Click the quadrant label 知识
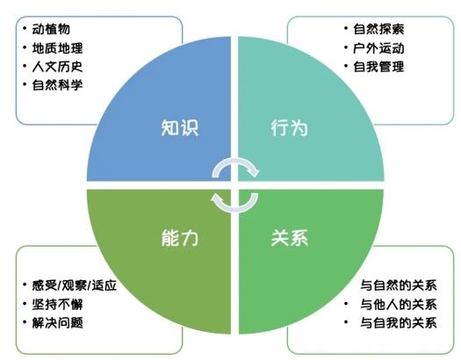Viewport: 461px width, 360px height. point(180,127)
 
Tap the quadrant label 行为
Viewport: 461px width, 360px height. point(289,128)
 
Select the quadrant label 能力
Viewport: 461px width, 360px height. point(180,237)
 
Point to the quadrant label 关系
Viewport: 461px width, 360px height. point(289,237)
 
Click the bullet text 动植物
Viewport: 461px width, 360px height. point(51,29)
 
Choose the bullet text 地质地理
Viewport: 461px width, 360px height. point(57,48)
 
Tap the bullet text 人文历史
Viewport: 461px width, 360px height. point(57,67)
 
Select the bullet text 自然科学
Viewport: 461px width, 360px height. point(57,85)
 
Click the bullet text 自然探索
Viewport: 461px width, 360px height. point(378,29)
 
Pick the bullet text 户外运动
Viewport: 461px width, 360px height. point(378,48)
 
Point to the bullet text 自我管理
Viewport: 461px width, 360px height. point(378,67)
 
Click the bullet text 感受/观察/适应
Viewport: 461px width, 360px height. point(75,285)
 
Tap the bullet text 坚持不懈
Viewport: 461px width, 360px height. point(57,304)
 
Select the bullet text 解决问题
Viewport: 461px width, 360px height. point(57,323)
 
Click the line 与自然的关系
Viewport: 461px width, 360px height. point(399,285)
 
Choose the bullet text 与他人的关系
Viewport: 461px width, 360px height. point(399,304)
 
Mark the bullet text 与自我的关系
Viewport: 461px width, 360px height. point(399,323)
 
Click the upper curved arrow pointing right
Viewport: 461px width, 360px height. point(235,161)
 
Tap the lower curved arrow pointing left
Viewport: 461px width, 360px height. point(235,209)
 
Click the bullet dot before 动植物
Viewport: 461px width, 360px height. point(25,28)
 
